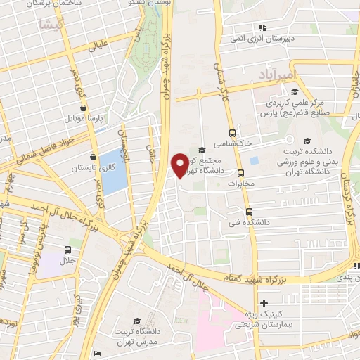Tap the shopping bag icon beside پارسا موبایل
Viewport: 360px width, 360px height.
84,109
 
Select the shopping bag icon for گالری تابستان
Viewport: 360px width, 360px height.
93,158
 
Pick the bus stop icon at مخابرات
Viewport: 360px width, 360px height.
241,173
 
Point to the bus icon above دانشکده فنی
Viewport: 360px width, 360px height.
249,211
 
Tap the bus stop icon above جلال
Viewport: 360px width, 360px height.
68,250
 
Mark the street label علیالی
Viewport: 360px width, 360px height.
98,47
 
